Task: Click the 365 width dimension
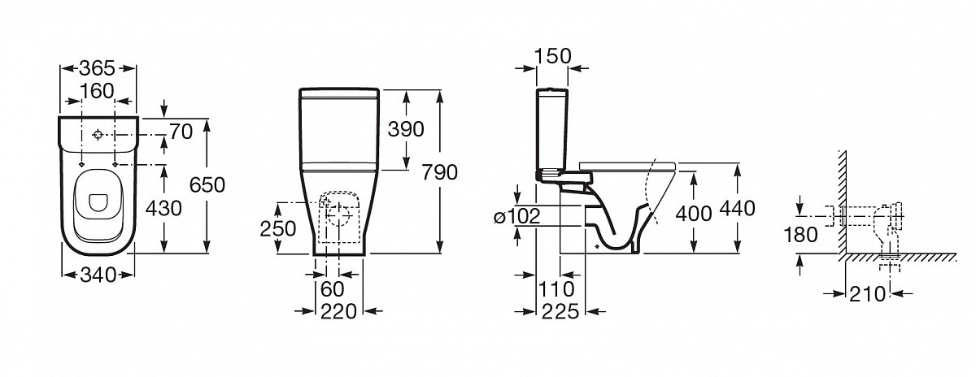(97, 68)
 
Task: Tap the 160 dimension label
(97, 91)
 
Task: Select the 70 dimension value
(181, 132)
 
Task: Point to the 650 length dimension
(207, 185)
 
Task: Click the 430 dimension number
(163, 209)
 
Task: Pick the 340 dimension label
(98, 275)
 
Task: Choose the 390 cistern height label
(406, 129)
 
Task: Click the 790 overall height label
(440, 172)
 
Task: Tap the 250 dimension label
(278, 229)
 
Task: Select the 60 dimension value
(333, 289)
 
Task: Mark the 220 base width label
(338, 311)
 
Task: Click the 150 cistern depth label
(552, 56)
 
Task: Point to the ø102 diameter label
(517, 216)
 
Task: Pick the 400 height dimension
(694, 214)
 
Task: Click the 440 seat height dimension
(737, 209)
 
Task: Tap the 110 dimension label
(557, 289)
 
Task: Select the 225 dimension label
(560, 311)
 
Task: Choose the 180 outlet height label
(801, 235)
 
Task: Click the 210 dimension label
(867, 294)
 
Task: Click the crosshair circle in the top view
(98, 135)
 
